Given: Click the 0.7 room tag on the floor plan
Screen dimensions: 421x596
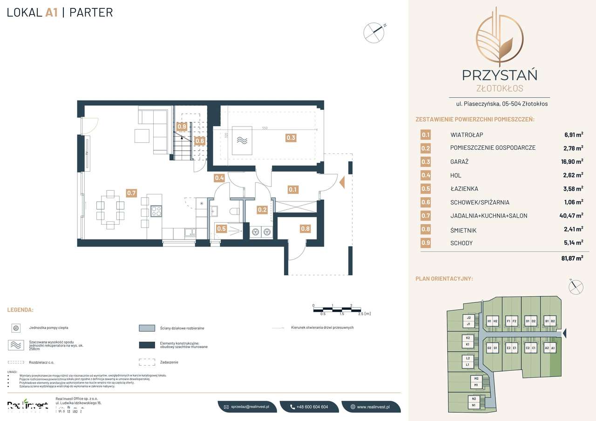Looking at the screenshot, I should [x=132, y=192].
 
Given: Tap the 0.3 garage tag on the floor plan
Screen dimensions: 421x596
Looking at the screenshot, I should [x=291, y=137].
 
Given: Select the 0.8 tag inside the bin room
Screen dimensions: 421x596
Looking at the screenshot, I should [x=305, y=228].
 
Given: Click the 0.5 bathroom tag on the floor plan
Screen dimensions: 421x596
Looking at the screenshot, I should [x=221, y=228].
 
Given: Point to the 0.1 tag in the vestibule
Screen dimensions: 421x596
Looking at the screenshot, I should [x=293, y=189].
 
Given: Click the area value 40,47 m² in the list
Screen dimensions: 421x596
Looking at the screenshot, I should [x=571, y=216].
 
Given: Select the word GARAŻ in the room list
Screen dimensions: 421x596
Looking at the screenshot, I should [x=459, y=162].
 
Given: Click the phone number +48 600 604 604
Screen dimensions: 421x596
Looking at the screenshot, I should [x=309, y=407].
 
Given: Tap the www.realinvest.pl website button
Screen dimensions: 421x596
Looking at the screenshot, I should [x=370, y=407].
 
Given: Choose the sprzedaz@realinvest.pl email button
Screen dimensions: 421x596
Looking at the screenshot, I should [x=247, y=407].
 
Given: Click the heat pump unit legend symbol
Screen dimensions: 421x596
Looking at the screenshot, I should [x=16, y=328].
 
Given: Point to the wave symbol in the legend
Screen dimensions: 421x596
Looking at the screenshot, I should [x=16, y=345].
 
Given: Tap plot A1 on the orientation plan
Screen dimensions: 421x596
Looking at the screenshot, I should [x=554, y=348].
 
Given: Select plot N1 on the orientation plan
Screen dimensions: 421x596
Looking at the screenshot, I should [x=474, y=406].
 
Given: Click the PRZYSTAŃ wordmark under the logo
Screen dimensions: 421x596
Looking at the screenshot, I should [x=499, y=74].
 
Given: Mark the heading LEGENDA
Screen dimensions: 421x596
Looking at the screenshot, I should [x=20, y=309].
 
